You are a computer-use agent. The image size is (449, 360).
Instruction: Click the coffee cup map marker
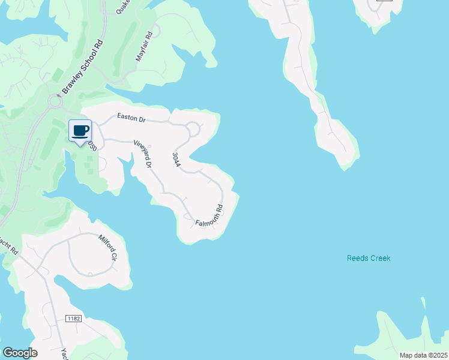[x=80, y=131]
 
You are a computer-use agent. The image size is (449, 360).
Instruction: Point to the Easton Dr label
[x=131, y=119]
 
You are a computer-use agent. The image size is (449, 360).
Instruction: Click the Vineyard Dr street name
[x=143, y=154]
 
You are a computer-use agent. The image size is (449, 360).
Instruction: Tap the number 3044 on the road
[x=176, y=159]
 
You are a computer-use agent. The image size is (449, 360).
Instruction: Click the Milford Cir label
[x=107, y=247]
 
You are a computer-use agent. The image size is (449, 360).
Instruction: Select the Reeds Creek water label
[x=369, y=258]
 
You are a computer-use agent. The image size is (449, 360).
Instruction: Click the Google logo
[x=20, y=353]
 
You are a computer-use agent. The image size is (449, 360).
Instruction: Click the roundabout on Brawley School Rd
[x=56, y=103]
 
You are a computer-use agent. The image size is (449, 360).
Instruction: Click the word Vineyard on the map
[x=142, y=151]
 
